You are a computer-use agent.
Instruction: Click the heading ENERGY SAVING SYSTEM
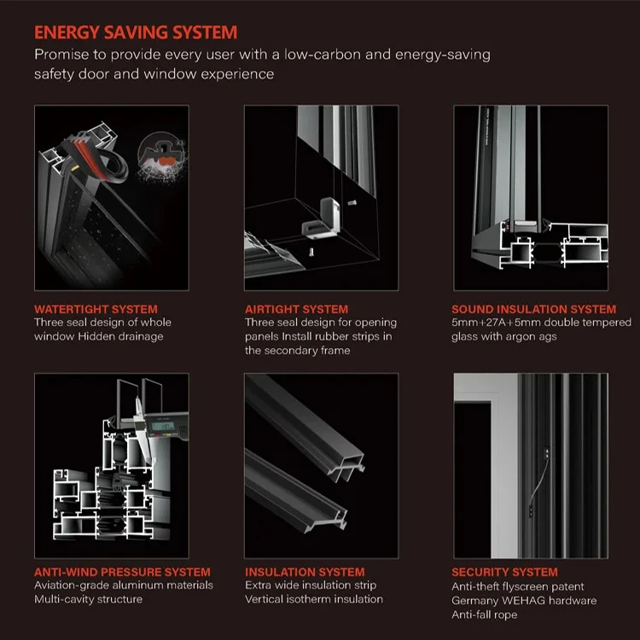(136, 32)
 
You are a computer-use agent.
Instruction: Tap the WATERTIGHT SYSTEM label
(96, 309)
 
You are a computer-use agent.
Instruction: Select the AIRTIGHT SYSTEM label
(296, 309)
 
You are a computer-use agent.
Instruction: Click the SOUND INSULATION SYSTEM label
(533, 309)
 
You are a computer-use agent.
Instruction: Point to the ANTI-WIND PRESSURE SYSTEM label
(122, 572)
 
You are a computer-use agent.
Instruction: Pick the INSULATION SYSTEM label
(305, 572)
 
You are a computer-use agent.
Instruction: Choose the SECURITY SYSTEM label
(504, 572)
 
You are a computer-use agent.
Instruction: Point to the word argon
(521, 336)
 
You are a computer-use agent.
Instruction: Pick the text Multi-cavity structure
(88, 599)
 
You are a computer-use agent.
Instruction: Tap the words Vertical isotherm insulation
(314, 599)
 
